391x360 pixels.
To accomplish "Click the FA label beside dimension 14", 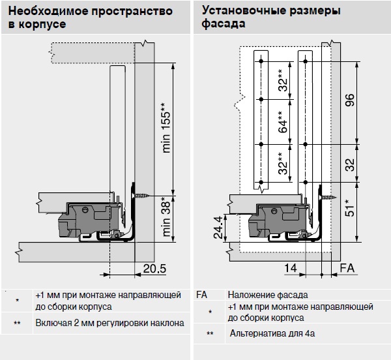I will pos(347,267).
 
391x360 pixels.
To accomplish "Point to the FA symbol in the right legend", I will pos(201,294).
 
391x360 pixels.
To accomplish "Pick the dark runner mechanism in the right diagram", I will pos(277,220).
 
